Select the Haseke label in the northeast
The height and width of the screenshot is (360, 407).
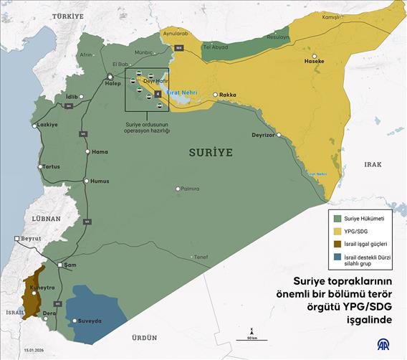[315, 62]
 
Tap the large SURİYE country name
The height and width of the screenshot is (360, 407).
[211, 153]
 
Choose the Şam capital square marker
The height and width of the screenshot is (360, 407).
[61, 265]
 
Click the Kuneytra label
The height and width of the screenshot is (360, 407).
[41, 287]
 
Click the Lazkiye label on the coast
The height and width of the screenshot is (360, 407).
[47, 124]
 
